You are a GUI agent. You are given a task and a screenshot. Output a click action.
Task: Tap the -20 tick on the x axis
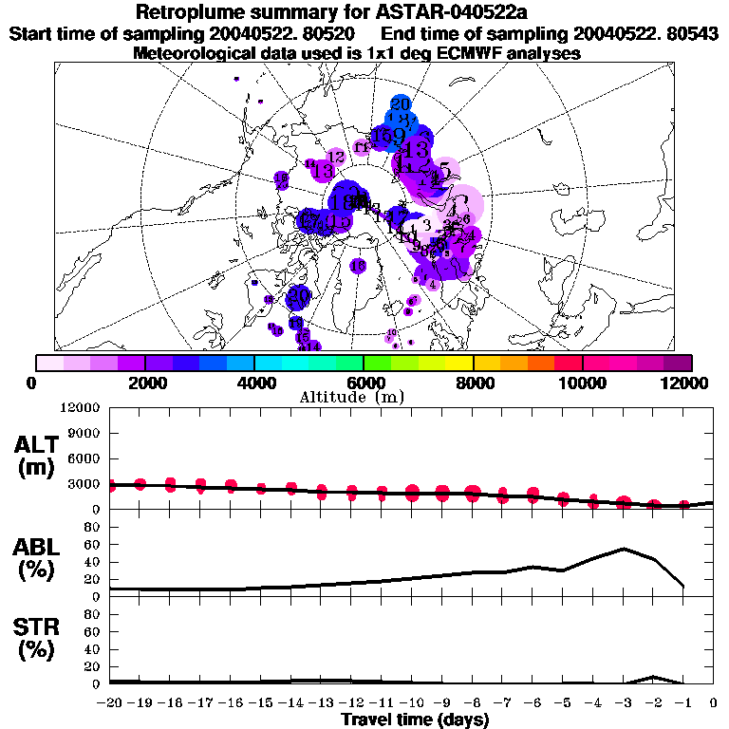pyautogui.click(x=110, y=703)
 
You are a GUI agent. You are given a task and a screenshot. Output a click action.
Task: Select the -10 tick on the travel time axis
pyautogui.click(x=412, y=703)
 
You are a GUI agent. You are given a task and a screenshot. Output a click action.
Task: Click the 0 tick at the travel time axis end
pyautogui.click(x=714, y=703)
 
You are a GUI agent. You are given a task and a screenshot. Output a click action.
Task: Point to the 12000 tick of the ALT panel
pyautogui.click(x=83, y=408)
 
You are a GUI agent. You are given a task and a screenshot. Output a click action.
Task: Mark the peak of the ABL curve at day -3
pyautogui.click(x=624, y=549)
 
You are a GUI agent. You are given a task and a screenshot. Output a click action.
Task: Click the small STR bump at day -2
pyautogui.click(x=654, y=677)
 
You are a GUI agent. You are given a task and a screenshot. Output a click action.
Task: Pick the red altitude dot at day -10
pyautogui.click(x=412, y=492)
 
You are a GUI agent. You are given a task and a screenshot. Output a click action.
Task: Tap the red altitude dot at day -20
pyautogui.click(x=111, y=485)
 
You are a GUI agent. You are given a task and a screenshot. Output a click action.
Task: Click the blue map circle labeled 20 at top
pyautogui.click(x=400, y=104)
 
